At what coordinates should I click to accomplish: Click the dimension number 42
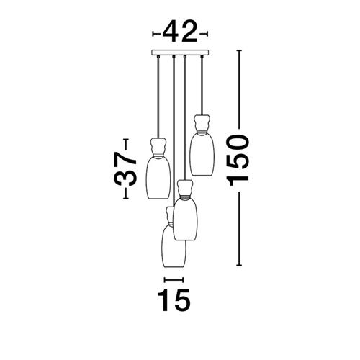[180, 32]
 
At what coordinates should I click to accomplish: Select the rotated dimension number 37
[125, 169]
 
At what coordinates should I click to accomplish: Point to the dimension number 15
[174, 300]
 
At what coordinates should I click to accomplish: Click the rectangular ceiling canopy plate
[180, 53]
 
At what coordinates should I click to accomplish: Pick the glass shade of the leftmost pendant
[158, 178]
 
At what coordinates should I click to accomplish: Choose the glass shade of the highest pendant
[202, 154]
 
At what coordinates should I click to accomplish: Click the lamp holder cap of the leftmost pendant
[158, 147]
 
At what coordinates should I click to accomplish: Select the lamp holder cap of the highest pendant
[202, 124]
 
